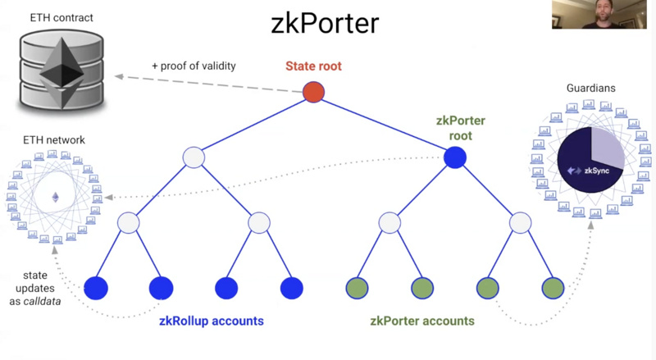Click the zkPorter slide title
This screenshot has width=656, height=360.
pos(325,22)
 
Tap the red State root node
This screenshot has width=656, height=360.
pos(313,92)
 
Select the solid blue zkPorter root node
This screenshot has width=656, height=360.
pos(455,157)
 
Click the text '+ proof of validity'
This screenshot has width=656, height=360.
pos(194,66)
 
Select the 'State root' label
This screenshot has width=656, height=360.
pos(313,66)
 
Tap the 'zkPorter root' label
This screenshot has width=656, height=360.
pos(455,127)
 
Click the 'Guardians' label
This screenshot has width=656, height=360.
pos(590,88)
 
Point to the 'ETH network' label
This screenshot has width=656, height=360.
pos(55,140)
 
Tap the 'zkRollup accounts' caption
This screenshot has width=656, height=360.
pos(212,321)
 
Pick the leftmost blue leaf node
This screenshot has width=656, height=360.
pos(96,288)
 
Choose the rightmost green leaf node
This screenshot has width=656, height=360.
pos(553,288)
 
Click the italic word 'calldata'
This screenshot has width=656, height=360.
pos(46,302)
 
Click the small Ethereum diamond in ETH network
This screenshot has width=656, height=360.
pos(56,197)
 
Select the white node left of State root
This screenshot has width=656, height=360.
pos(194,157)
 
